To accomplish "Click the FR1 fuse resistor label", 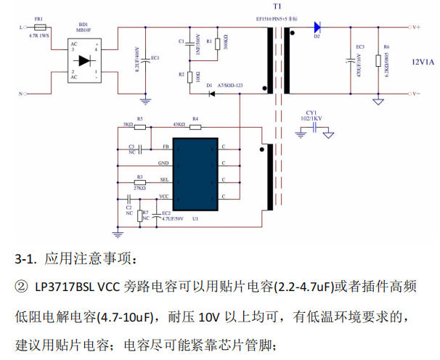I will pos(38,18).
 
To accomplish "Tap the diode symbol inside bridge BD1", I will pos(83,60).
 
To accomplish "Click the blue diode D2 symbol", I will pos(317,28).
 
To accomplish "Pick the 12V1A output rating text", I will pos(422,62).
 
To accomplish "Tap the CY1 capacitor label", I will pos(311,112).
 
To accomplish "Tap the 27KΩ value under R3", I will pos(141,188).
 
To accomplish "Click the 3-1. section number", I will pos(26,259).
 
